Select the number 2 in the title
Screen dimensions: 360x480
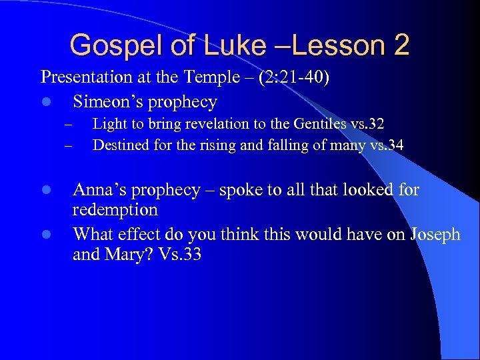click(x=401, y=45)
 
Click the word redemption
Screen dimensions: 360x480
click(x=115, y=210)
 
